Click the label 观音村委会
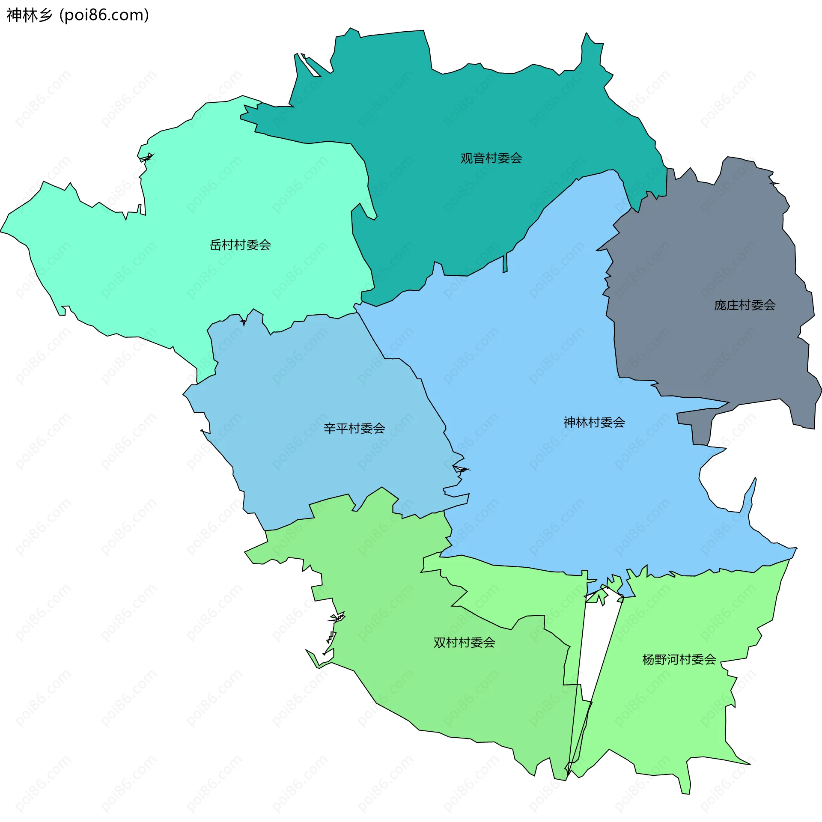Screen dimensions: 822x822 [x=491, y=158]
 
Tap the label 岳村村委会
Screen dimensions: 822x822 [x=240, y=245]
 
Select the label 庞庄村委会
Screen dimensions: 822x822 [x=745, y=305]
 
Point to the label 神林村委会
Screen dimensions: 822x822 [x=594, y=423]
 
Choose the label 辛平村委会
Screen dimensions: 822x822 [x=354, y=429]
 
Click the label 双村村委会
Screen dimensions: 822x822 [x=464, y=643]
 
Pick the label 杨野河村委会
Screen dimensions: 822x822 [x=679, y=659]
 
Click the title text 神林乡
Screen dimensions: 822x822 [x=29, y=15]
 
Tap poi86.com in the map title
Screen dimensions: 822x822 [x=104, y=15]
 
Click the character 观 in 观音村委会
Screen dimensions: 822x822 [x=467, y=158]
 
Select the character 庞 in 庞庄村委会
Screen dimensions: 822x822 [x=720, y=305]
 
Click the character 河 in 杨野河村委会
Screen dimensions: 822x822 [x=673, y=659]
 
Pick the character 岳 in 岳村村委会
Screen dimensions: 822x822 [x=215, y=245]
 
